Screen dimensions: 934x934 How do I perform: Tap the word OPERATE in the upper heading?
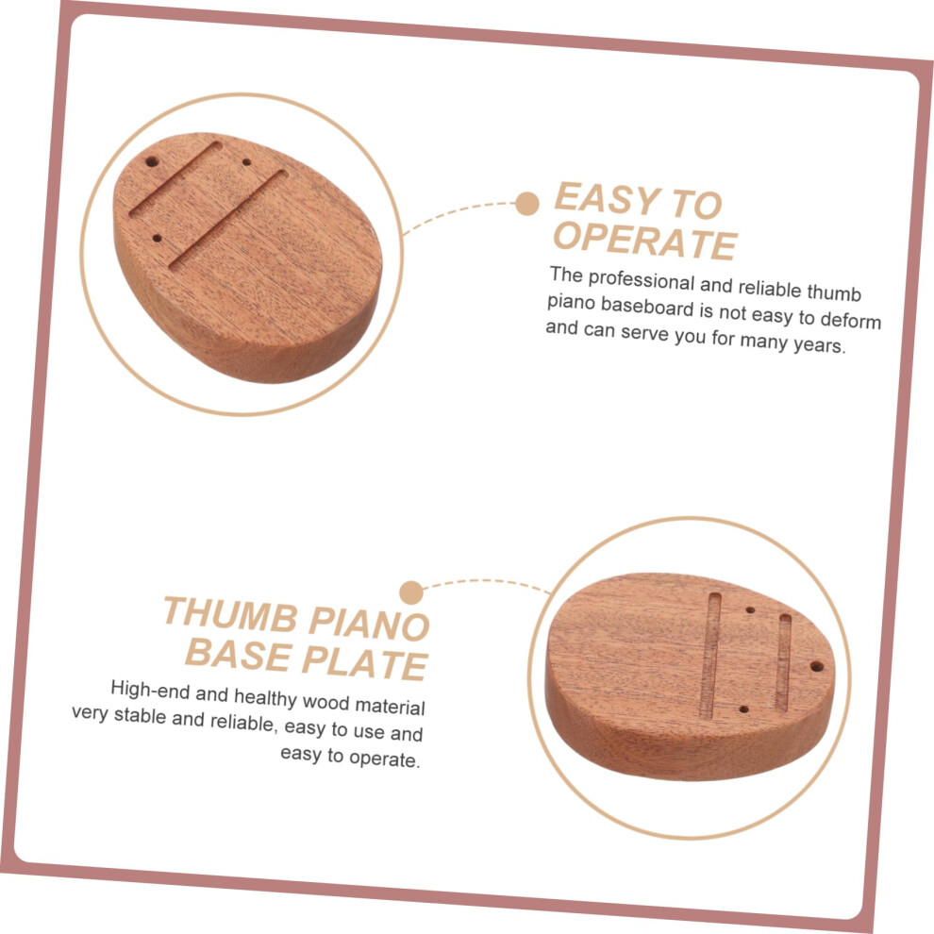coord(645,240)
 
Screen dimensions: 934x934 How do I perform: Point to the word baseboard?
coord(647,307)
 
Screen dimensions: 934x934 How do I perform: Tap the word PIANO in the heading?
coord(369,623)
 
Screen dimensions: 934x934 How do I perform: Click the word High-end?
coord(149,690)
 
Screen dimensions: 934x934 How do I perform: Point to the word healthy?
coord(265,697)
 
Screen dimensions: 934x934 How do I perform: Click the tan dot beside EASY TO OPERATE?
coord(527,204)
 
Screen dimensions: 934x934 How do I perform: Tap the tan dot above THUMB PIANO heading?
coord(411,592)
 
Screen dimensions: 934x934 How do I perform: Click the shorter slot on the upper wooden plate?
coord(175,178)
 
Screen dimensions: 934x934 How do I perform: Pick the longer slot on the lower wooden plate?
coord(710,654)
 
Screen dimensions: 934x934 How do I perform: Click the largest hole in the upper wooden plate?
coord(152,162)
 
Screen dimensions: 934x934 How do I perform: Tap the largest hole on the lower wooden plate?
coord(817,666)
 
